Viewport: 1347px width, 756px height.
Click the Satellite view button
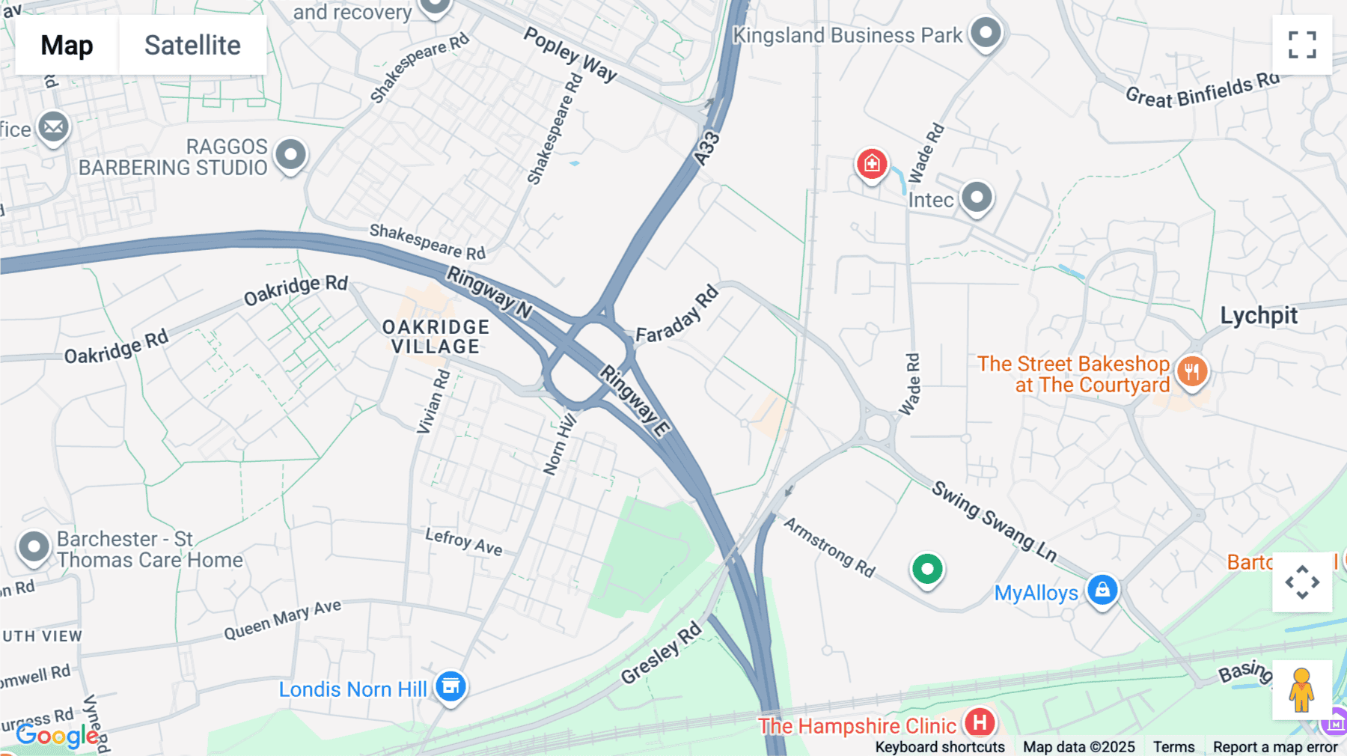coord(192,45)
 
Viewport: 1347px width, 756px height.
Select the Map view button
coord(67,45)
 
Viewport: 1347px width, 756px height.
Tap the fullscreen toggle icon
coord(1302,45)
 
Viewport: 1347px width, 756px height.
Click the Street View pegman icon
coord(1302,690)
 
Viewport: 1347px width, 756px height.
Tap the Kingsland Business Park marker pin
coord(986,33)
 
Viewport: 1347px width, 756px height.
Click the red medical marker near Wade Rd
coord(872,163)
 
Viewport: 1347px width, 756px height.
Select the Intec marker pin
coord(977,198)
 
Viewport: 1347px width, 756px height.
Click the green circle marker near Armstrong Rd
coord(927,570)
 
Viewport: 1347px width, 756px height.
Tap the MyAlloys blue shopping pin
coord(1102,591)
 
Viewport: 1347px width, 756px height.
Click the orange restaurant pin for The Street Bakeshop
coord(1192,371)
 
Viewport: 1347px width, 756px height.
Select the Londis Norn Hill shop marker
coord(450,686)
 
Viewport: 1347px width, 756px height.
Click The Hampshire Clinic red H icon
coord(980,723)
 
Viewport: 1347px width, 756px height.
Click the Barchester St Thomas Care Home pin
coord(34,547)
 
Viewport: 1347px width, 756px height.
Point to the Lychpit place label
coord(1259,316)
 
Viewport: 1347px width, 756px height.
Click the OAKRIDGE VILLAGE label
coord(436,337)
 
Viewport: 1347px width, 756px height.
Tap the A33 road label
coord(706,148)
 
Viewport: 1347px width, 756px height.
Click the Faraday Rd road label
coord(677,314)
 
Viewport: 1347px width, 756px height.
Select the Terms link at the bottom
coord(1173,746)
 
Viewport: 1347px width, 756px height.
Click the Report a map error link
coord(1275,746)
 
